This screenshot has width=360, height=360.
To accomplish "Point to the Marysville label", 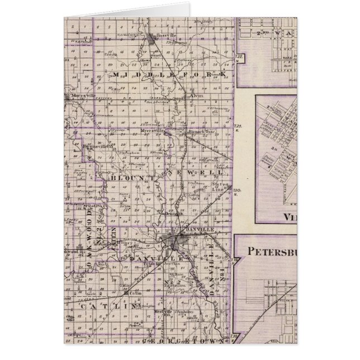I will coord(82,95).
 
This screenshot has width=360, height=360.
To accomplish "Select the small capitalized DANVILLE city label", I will coord(188,230).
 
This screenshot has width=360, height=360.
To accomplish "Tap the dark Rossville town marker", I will coord(154,38).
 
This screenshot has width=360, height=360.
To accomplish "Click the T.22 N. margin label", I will coord(239,57).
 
